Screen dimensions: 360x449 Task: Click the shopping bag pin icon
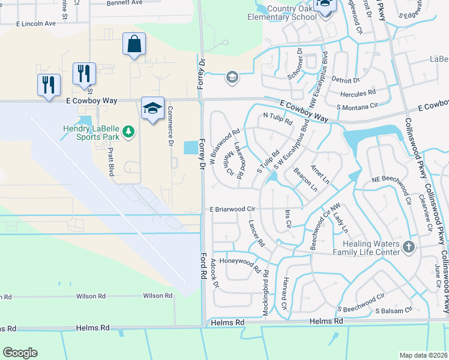134,45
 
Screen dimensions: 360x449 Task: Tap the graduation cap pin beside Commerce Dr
152,109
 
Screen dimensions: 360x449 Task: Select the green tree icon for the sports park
127,131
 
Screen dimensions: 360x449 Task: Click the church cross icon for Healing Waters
408,247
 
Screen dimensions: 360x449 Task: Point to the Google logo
20,353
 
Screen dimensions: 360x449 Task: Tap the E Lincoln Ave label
35,23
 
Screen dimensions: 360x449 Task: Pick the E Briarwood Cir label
232,209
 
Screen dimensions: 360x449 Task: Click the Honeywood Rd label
240,262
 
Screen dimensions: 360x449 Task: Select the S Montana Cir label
357,106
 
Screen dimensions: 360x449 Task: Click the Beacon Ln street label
306,179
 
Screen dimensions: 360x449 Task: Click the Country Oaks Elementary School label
282,12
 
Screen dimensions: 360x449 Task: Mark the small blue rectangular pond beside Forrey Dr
190,147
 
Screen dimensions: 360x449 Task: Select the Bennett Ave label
125,3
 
